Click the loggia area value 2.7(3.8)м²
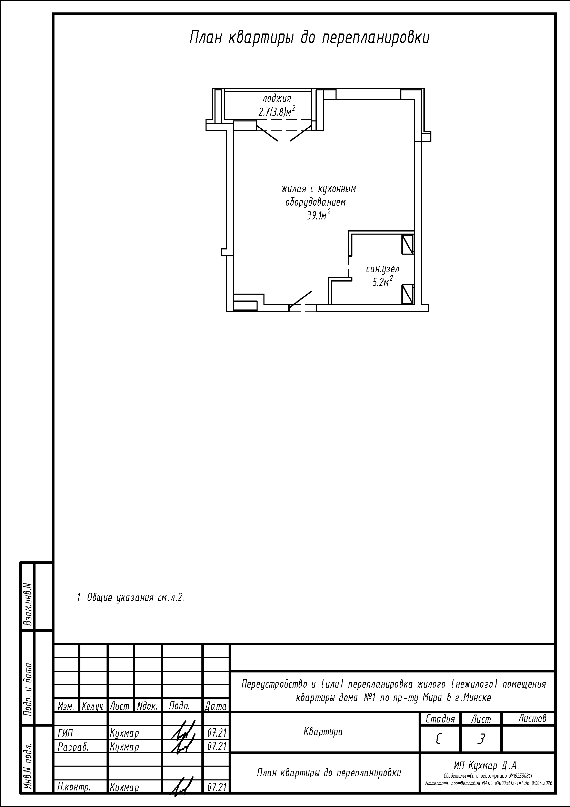coord(277,111)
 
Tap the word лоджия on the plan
coord(277,99)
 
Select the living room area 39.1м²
coord(319,215)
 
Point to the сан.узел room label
coord(382,269)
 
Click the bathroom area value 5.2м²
coord(382,282)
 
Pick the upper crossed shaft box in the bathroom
coord(408,244)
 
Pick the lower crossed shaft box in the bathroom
coord(408,294)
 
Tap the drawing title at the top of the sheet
coord(309,38)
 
